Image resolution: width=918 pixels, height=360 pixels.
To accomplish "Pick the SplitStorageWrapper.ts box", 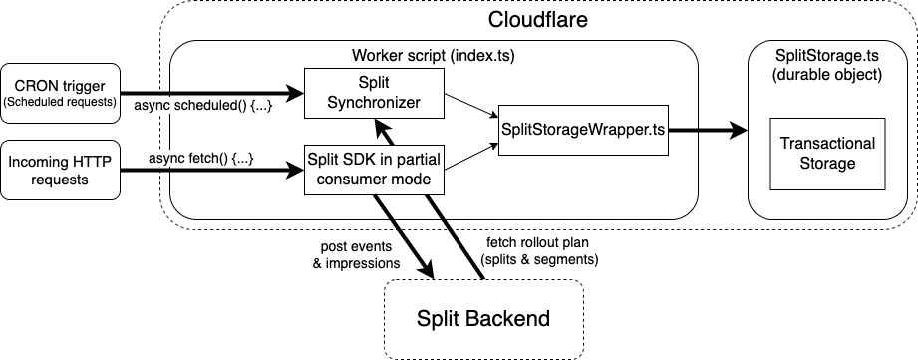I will coord(582,130).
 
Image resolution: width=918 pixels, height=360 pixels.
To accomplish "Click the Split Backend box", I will coord(483,319).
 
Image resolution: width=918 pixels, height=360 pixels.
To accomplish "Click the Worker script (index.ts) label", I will coord(433,54).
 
